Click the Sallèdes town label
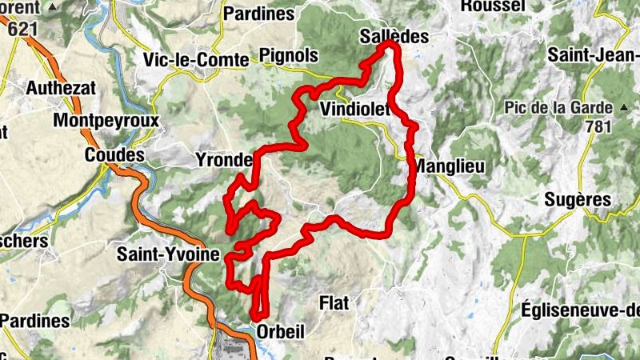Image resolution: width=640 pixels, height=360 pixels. tap(394, 37)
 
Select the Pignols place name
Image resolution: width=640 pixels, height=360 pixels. tap(289, 56)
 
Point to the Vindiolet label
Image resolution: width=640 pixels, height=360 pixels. tap(354, 109)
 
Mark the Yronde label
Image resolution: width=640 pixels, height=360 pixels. tap(224, 160)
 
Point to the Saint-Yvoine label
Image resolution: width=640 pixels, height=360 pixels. tap(168, 255)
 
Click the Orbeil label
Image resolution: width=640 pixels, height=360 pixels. tap(282, 332)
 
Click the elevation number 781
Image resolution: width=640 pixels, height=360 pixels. tap(597, 126)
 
